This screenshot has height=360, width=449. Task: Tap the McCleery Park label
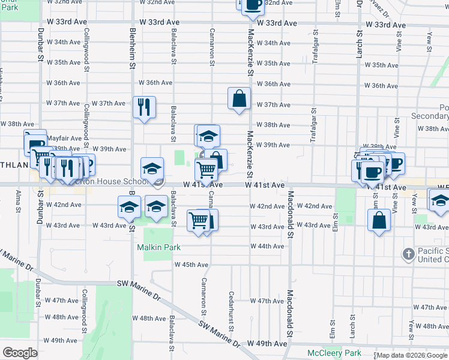334,353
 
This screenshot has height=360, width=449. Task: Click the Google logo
20,353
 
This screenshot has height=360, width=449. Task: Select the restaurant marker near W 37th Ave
145,107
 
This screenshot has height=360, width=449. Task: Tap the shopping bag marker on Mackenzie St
239,98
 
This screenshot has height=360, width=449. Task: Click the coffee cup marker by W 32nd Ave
253,5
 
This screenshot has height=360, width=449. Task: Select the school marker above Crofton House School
152,168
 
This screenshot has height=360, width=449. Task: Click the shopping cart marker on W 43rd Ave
199,220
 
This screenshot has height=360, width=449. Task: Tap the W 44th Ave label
271,247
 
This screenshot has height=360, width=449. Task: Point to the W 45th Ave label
191,265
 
